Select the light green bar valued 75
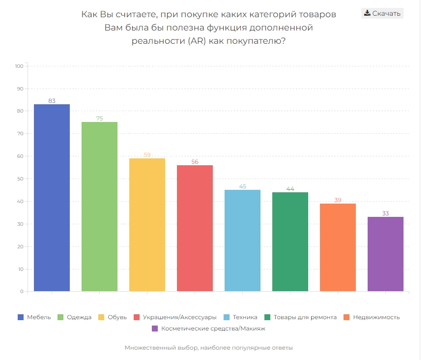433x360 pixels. coord(99,207)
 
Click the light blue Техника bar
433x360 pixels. coord(242,240)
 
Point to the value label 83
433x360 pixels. coord(52,101)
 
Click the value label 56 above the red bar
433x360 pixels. coord(195,162)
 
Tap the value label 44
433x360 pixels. coord(290,189)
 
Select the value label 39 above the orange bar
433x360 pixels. coord(338,200)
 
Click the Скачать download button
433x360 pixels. coord(382,13)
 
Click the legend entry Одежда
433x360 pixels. coord(79,317)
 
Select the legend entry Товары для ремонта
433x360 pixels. coord(305,317)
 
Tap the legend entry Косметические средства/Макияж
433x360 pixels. coord(213,328)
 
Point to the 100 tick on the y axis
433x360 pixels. coord(20,66)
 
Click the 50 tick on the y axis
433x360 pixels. coord(20,179)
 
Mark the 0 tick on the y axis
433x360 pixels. coord(22,292)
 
